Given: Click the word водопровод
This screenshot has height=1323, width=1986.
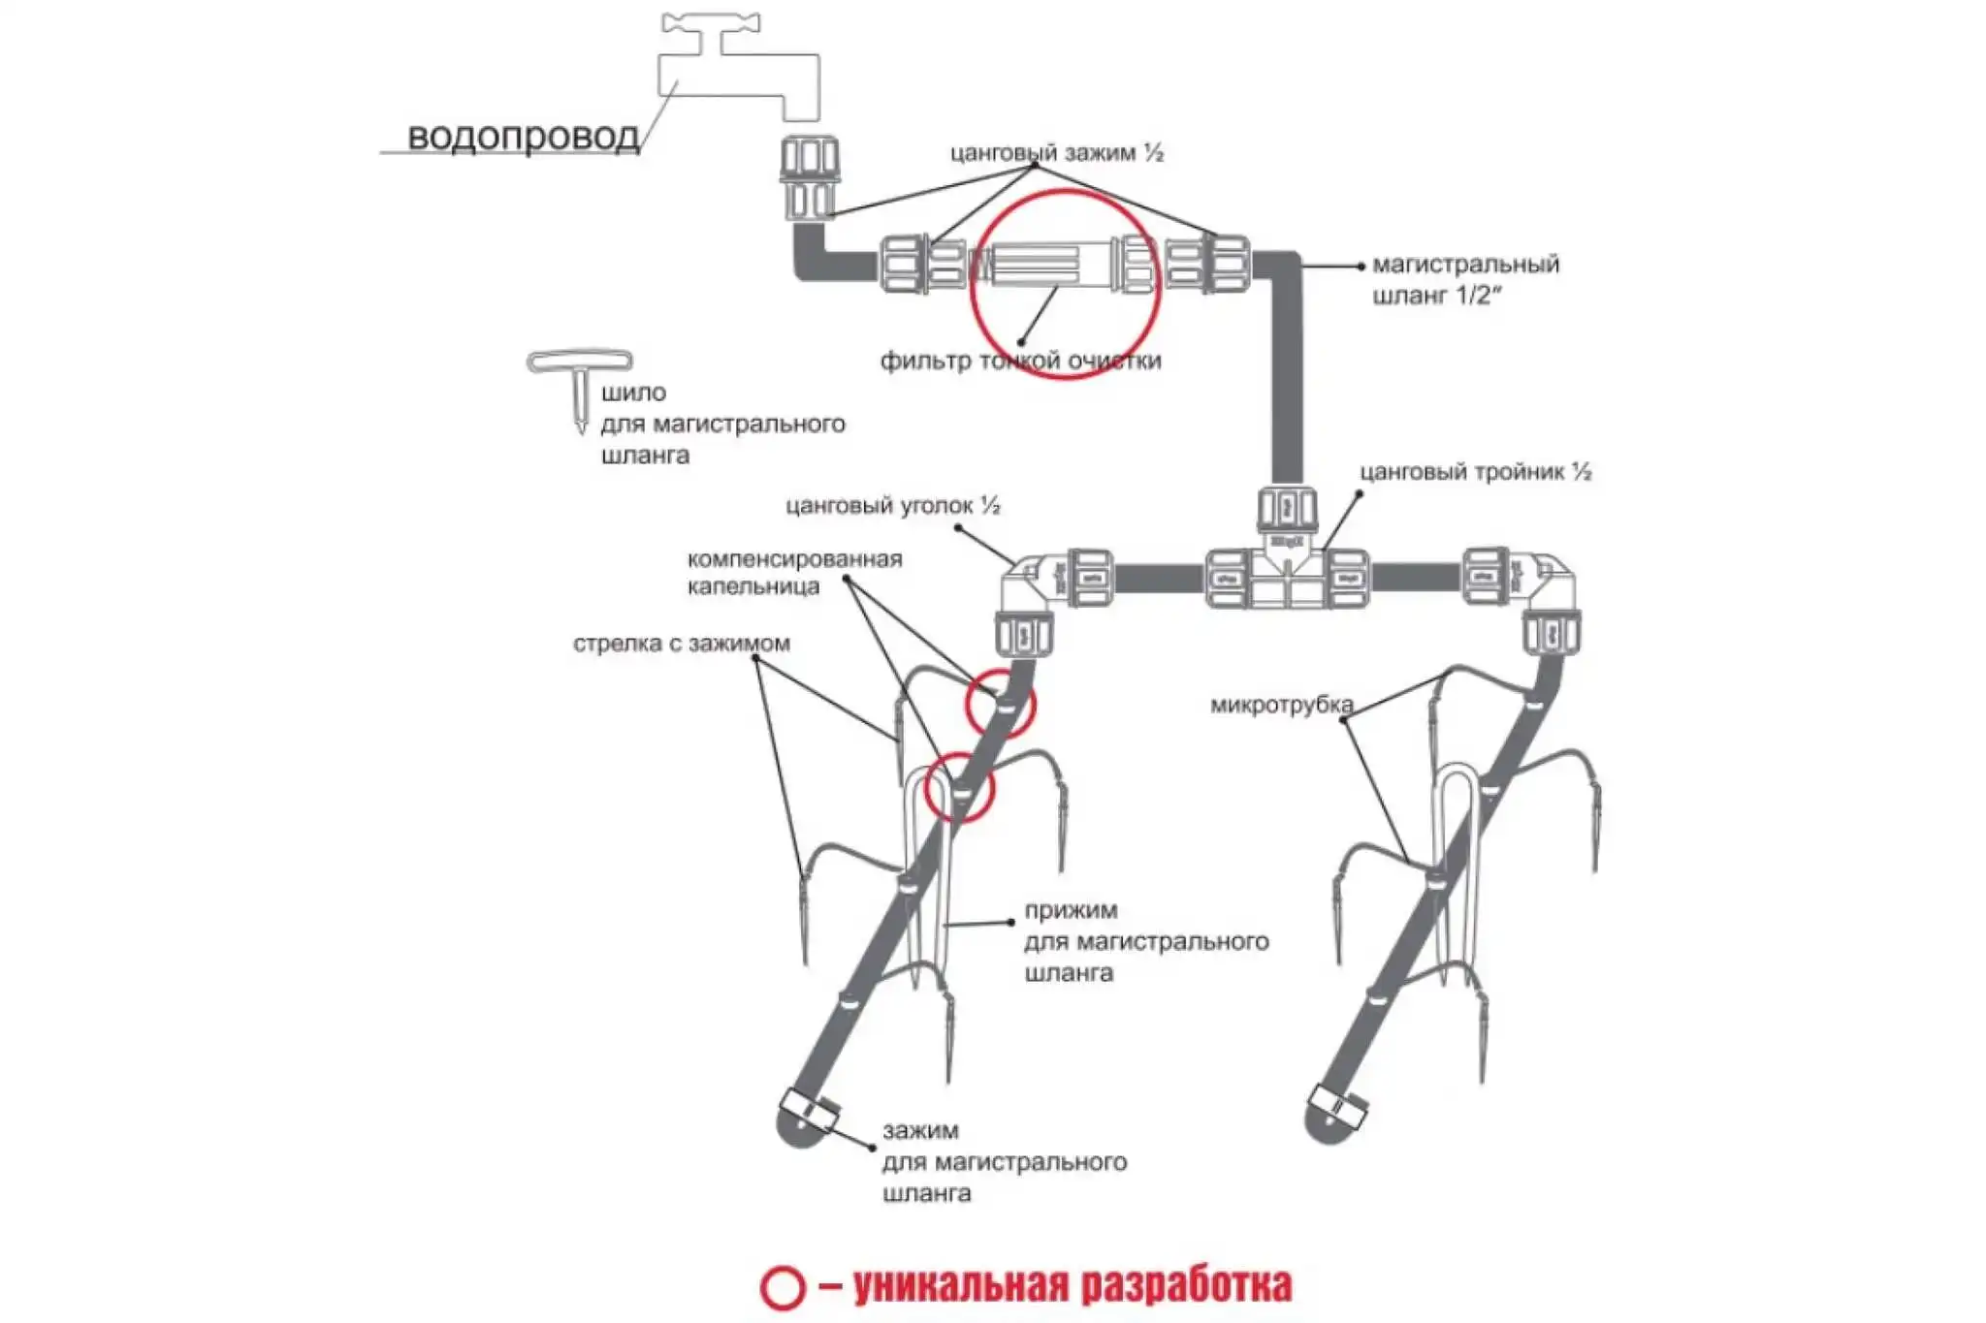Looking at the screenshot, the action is pos(523,137).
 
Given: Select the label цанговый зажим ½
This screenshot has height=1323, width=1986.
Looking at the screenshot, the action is pos(1056,153).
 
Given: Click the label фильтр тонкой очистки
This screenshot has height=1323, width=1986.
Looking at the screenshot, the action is pos(1020,362).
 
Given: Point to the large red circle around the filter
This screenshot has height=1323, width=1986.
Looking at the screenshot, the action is pos(972,284).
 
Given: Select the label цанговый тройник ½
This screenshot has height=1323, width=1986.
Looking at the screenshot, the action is pos(1475,472).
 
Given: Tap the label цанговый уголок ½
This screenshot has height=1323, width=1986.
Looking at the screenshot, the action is pos(892,506).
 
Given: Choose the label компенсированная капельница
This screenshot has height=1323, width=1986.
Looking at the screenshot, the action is pos(794,573).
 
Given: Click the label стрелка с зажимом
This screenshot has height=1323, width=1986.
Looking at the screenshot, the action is pos(681,644).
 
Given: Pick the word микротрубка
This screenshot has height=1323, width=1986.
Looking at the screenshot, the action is pos(1281,706).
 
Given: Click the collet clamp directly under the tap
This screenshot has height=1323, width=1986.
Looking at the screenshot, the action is pos(809,177).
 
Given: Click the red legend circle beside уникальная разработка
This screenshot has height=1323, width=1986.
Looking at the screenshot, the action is pos(782,1287).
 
